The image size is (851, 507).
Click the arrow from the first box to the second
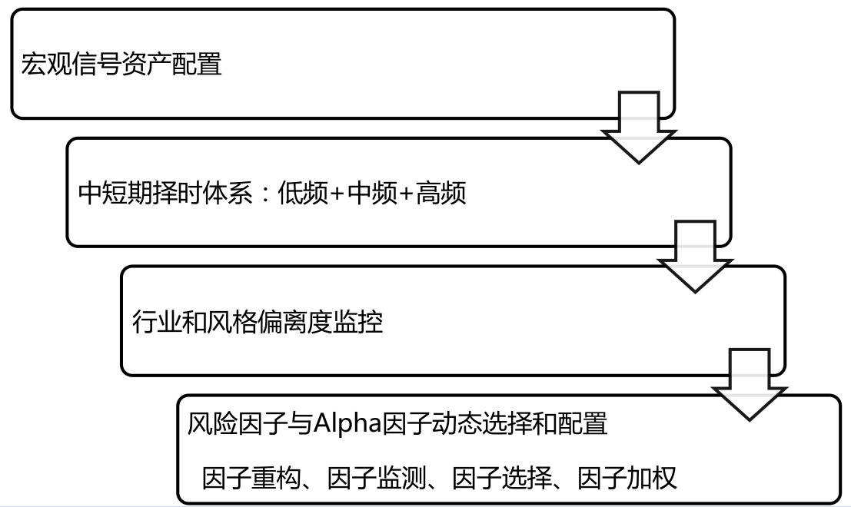(x=637, y=127)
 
